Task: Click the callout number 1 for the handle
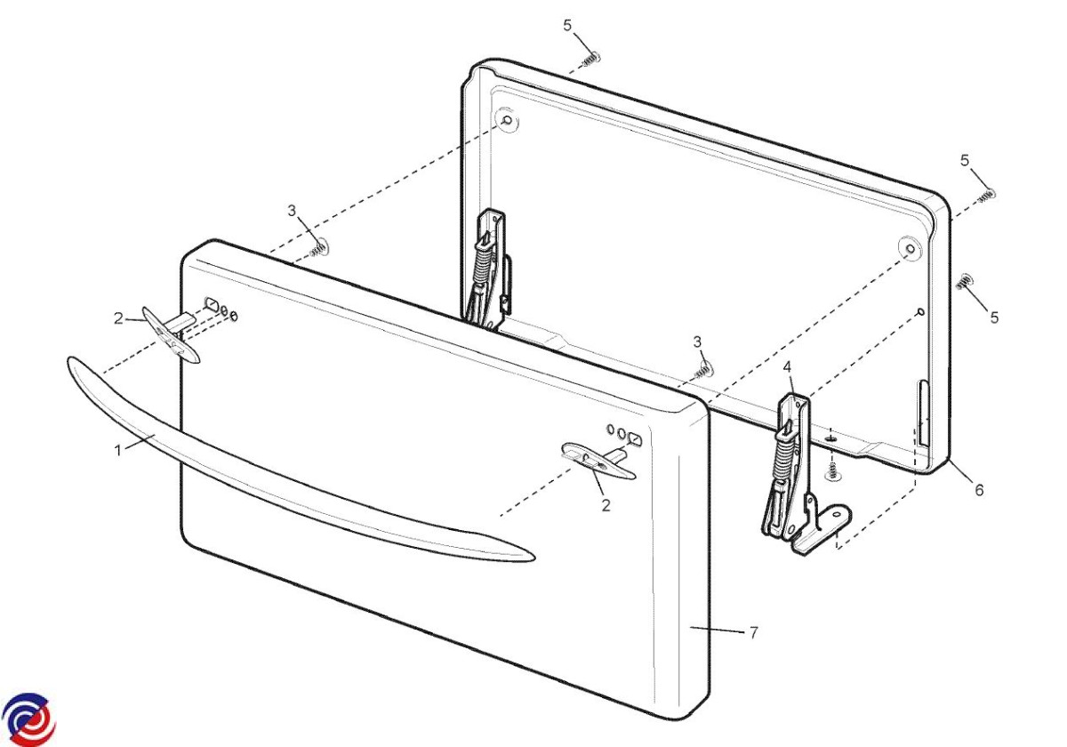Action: click(x=118, y=450)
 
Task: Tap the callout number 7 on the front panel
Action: click(x=753, y=632)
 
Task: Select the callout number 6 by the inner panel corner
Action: click(x=979, y=490)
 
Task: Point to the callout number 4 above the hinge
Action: click(x=787, y=367)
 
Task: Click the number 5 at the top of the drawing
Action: click(x=567, y=26)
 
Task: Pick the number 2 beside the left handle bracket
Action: click(x=118, y=318)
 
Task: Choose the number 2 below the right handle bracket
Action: click(x=606, y=505)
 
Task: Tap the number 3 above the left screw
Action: click(x=292, y=211)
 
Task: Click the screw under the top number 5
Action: click(x=591, y=59)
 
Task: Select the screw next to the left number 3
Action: click(x=319, y=249)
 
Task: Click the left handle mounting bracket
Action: click(x=172, y=333)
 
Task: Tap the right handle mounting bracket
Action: click(x=598, y=459)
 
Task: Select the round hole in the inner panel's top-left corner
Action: click(x=508, y=119)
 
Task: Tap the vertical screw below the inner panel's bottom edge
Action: click(x=831, y=470)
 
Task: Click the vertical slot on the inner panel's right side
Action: click(x=924, y=413)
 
